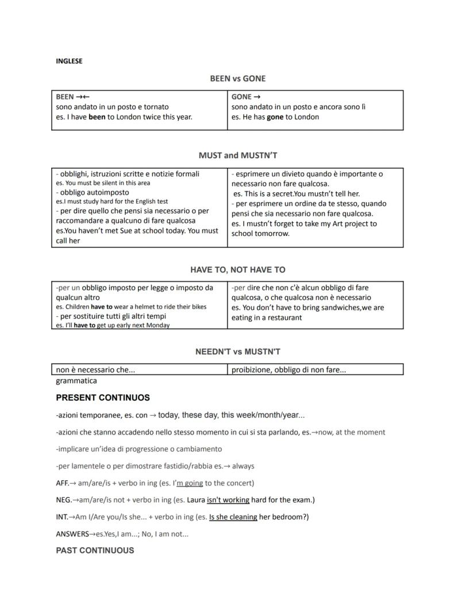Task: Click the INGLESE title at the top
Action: (69, 61)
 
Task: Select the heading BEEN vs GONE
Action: (238, 79)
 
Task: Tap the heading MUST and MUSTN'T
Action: (238, 156)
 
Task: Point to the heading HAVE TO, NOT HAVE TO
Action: (238, 269)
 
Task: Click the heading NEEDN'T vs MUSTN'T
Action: (238, 351)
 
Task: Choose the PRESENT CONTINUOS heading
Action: (103, 397)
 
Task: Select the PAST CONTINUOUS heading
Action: (95, 550)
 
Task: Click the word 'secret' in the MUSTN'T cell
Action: (282, 194)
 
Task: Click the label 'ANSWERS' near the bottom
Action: (72, 534)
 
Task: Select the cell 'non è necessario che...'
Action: (95, 370)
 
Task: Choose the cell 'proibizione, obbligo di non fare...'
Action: (289, 370)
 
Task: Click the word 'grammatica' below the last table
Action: (76, 381)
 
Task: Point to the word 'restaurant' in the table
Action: (284, 318)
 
